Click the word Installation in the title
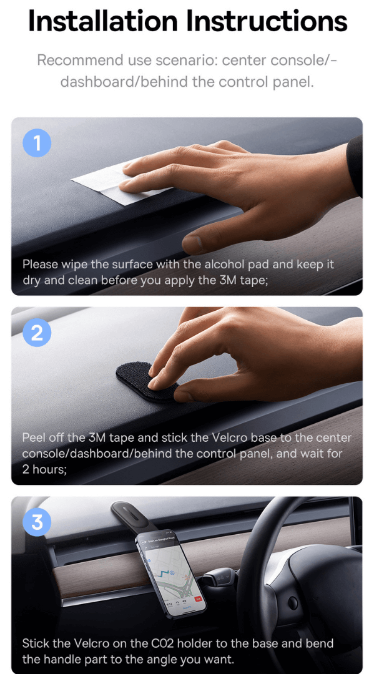[x=103, y=21]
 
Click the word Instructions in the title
[x=267, y=21]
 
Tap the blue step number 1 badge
[x=37, y=143]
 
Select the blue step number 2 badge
[x=37, y=333]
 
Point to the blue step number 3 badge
[x=37, y=522]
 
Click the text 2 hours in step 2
[x=44, y=469]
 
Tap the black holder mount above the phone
[x=129, y=516]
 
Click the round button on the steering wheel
[x=293, y=603]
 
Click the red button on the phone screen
[x=198, y=598]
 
